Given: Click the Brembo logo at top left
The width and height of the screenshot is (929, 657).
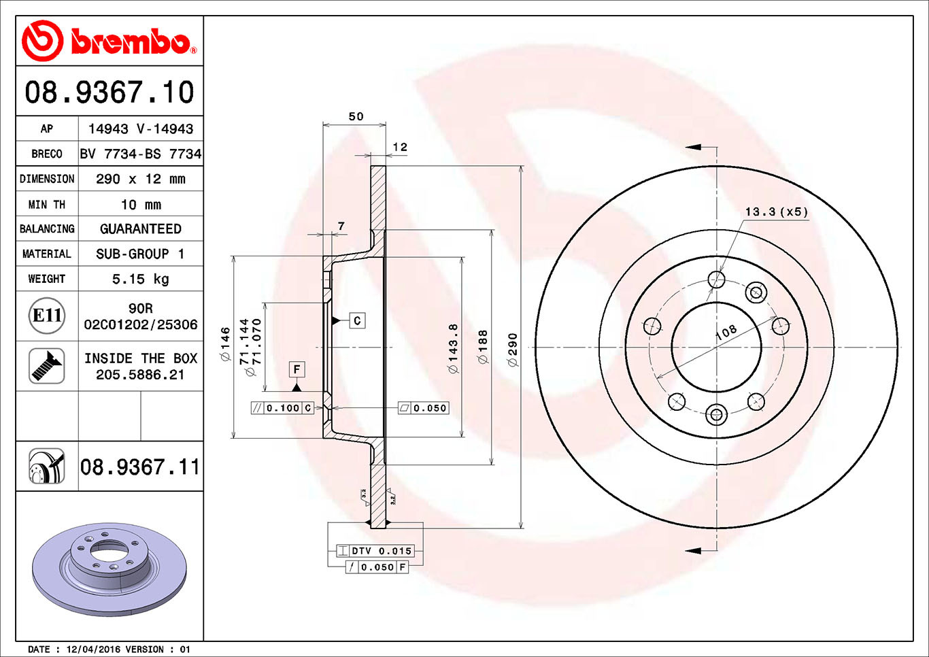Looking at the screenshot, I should coord(109,41).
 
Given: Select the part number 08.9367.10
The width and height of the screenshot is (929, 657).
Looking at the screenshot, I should coord(109,92).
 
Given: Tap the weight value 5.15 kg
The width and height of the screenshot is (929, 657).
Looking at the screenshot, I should coord(140,279).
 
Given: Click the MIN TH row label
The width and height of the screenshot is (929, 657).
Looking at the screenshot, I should coord(47,205).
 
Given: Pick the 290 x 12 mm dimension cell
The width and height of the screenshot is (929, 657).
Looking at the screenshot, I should coord(140,179).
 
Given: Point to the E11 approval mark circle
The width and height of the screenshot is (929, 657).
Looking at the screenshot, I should coord(48,316).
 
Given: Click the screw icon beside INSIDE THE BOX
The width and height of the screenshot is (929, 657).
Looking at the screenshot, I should coord(47,366).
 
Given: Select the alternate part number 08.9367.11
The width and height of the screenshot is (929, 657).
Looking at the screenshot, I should coord(140,467).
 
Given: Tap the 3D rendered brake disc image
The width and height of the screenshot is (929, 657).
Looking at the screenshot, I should coord(109,568).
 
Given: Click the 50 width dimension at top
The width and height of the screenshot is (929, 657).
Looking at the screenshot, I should coord(356,116).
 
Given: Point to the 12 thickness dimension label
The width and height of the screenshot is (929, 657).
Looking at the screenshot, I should coord(400,147).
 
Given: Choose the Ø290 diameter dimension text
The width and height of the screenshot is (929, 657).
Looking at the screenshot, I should coord(513,350).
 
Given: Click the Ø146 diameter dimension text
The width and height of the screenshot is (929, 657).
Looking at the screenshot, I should coord(225,343).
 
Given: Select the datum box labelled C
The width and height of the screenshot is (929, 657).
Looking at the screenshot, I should coord(357,320).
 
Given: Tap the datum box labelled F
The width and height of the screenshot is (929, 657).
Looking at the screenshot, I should coord(297,369).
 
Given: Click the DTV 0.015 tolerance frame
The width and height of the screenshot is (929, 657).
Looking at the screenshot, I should coord(375,551).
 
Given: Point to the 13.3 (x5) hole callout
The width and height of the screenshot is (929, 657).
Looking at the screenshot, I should coord(776,212).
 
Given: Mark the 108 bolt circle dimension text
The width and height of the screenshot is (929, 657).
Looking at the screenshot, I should coord(726,332).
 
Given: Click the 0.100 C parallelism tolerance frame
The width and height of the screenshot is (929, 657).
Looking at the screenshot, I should coord(282,408).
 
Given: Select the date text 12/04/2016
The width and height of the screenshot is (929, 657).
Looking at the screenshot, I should coord(94,650).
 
